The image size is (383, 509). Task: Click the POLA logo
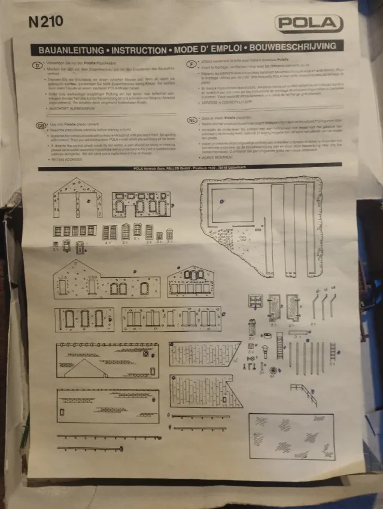point(309,23)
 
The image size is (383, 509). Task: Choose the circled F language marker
point(190,62)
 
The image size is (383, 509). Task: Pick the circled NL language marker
point(192,119)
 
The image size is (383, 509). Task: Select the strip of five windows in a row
point(74,231)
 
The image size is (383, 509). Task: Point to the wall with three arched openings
point(84,319)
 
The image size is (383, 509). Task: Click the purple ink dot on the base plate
point(223,201)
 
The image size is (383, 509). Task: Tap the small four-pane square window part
point(256,301)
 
